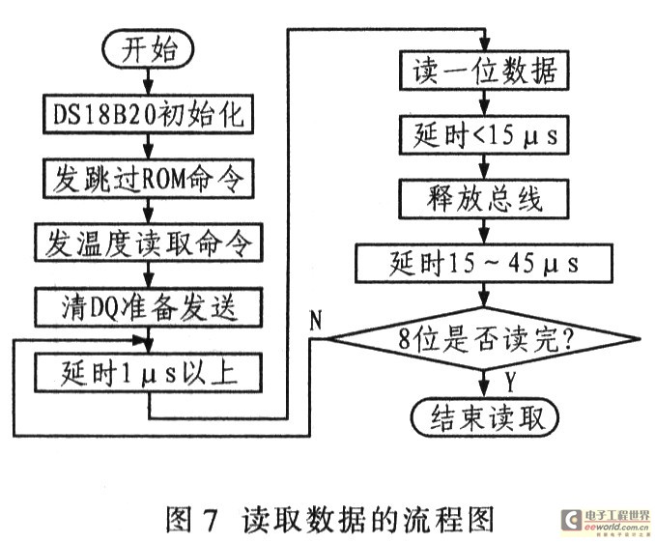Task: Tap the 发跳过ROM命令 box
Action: coord(147,179)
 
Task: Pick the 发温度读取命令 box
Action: coord(147,243)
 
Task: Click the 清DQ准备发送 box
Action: coord(147,306)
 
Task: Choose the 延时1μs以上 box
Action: coord(147,370)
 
